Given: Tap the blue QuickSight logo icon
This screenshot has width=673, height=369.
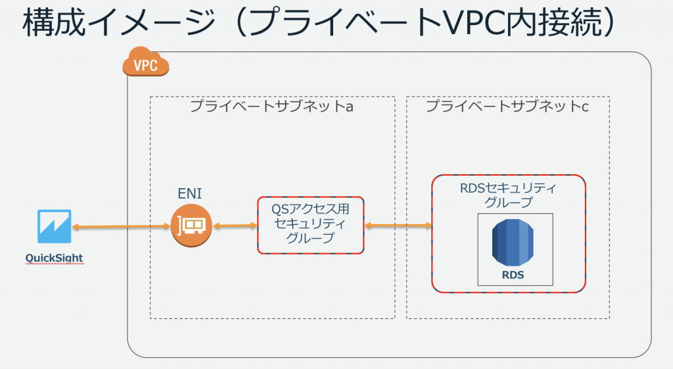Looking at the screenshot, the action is click(x=54, y=226).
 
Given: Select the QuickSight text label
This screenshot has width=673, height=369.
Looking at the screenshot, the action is click(x=54, y=258).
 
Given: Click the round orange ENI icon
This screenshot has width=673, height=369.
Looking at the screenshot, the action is click(x=191, y=226).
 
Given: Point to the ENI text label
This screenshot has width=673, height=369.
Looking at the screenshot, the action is click(x=190, y=194).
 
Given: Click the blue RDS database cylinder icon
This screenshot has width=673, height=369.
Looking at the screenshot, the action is click(x=513, y=243).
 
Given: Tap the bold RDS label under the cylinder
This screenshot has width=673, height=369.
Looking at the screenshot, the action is click(x=513, y=275).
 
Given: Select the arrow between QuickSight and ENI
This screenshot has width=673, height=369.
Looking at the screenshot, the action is click(x=121, y=226).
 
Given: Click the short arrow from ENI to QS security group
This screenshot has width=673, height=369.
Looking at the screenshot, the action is click(x=235, y=226).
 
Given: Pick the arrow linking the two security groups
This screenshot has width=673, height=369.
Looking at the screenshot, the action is click(x=398, y=225).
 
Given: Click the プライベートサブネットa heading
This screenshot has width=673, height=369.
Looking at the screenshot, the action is click(x=271, y=106).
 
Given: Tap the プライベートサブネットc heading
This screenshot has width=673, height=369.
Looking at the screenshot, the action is click(x=507, y=106).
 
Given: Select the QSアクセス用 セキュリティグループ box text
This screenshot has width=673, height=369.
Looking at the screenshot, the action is click(x=310, y=224).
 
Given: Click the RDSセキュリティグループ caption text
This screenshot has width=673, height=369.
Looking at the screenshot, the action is click(x=508, y=195).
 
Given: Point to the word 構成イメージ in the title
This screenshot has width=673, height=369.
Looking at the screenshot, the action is click(x=119, y=22).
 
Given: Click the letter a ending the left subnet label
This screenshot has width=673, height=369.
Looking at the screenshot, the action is click(x=350, y=107).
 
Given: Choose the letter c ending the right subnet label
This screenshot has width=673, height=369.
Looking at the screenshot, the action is click(x=585, y=107).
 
